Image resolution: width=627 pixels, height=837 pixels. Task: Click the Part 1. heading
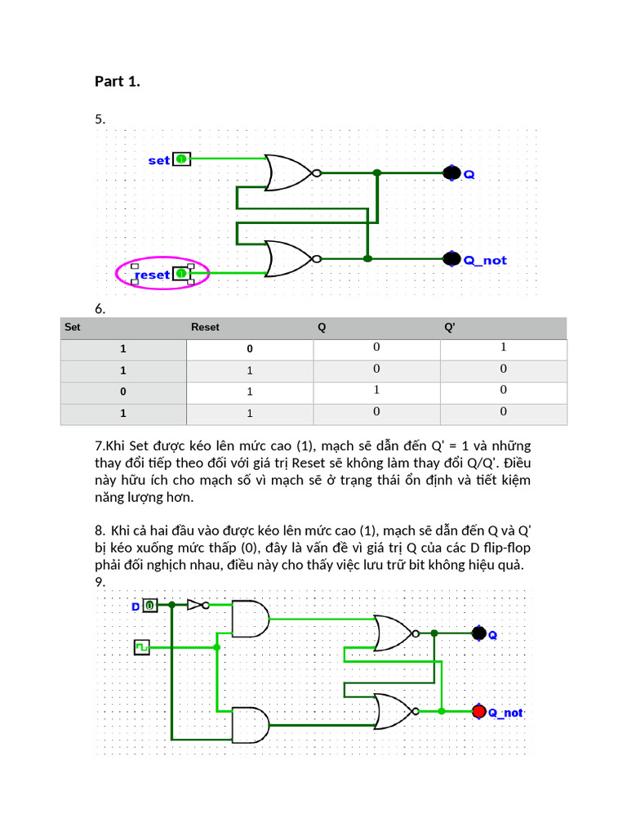tap(118, 81)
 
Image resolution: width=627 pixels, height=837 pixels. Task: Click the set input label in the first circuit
tap(158, 160)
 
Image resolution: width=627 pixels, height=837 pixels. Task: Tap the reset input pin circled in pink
tap(181, 274)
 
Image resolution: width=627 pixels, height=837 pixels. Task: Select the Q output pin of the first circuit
tap(451, 172)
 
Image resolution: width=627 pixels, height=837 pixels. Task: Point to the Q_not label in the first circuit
tap(485, 261)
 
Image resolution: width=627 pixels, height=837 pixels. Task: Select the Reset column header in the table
tap(205, 327)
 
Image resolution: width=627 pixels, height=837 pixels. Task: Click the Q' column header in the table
tap(449, 327)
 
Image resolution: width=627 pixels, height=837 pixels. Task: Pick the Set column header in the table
tap(73, 327)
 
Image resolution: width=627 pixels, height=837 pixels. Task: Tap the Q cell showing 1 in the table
tap(376, 391)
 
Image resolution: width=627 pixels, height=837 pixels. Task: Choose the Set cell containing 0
tap(123, 392)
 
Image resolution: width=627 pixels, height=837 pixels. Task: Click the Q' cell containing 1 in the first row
tap(504, 347)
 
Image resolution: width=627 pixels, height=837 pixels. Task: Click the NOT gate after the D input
tap(196, 605)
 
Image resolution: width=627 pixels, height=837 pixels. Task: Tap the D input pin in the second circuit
tap(150, 606)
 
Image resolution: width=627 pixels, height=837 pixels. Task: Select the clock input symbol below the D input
tap(142, 647)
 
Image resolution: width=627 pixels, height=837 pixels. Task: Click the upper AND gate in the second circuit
tap(250, 619)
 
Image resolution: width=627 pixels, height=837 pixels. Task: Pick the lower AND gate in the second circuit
tap(250, 725)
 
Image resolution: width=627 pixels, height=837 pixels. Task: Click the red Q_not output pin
tap(479, 711)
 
